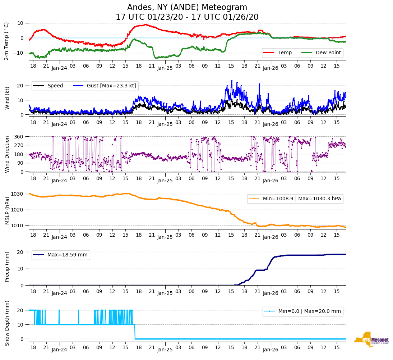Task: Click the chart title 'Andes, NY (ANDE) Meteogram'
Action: click(x=187, y=8)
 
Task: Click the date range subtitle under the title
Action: click(x=187, y=17)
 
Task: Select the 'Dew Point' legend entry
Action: click(x=328, y=53)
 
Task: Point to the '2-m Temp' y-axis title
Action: click(x=6, y=41)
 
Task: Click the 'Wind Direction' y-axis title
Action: click(x=7, y=154)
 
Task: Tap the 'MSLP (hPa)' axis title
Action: click(x=7, y=210)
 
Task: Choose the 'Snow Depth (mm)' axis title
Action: click(x=7, y=323)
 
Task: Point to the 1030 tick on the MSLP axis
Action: click(x=18, y=194)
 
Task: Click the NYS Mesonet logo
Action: click(x=371, y=339)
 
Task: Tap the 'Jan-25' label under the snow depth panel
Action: click(x=165, y=350)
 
